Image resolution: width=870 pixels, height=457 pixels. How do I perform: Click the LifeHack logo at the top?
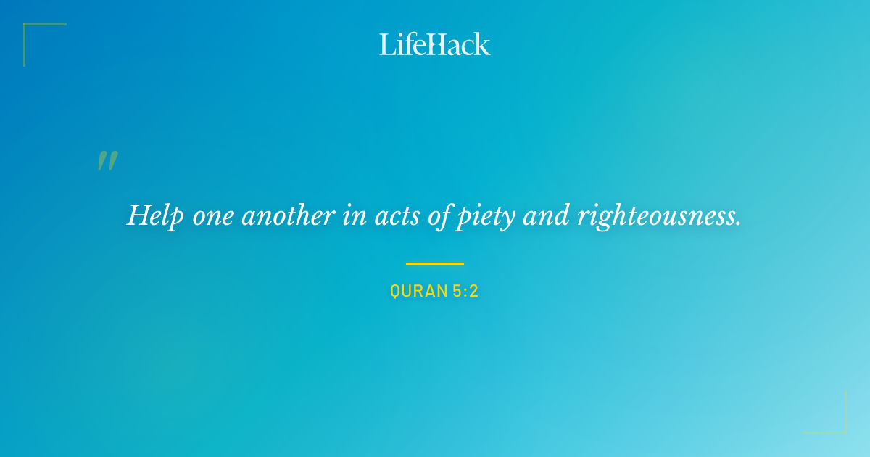point(435,44)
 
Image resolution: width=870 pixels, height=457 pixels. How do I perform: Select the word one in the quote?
point(212,216)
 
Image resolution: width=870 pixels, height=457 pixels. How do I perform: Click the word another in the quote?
point(288,215)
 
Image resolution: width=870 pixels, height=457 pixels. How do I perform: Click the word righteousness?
point(656,215)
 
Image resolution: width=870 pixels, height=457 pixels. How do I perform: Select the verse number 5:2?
point(464,292)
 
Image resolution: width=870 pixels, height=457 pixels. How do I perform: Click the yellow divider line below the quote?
point(435,263)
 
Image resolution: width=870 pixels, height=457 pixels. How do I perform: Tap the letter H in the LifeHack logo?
point(436,44)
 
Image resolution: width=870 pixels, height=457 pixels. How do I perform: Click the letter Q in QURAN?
point(395,292)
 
